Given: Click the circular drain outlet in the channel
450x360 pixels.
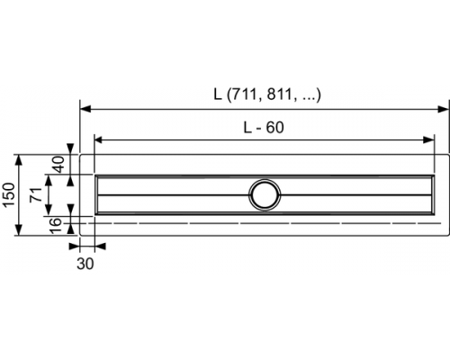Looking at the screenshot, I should (266, 194).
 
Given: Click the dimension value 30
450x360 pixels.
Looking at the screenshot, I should (86, 264).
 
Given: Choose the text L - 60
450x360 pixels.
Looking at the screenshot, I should (263, 128).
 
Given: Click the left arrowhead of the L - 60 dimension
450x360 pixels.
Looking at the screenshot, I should (99, 140).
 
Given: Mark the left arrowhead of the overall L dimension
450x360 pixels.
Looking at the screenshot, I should (85, 108).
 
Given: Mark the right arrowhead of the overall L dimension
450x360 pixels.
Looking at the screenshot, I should (443, 108).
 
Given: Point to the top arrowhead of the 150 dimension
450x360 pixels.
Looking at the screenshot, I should (20, 156).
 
